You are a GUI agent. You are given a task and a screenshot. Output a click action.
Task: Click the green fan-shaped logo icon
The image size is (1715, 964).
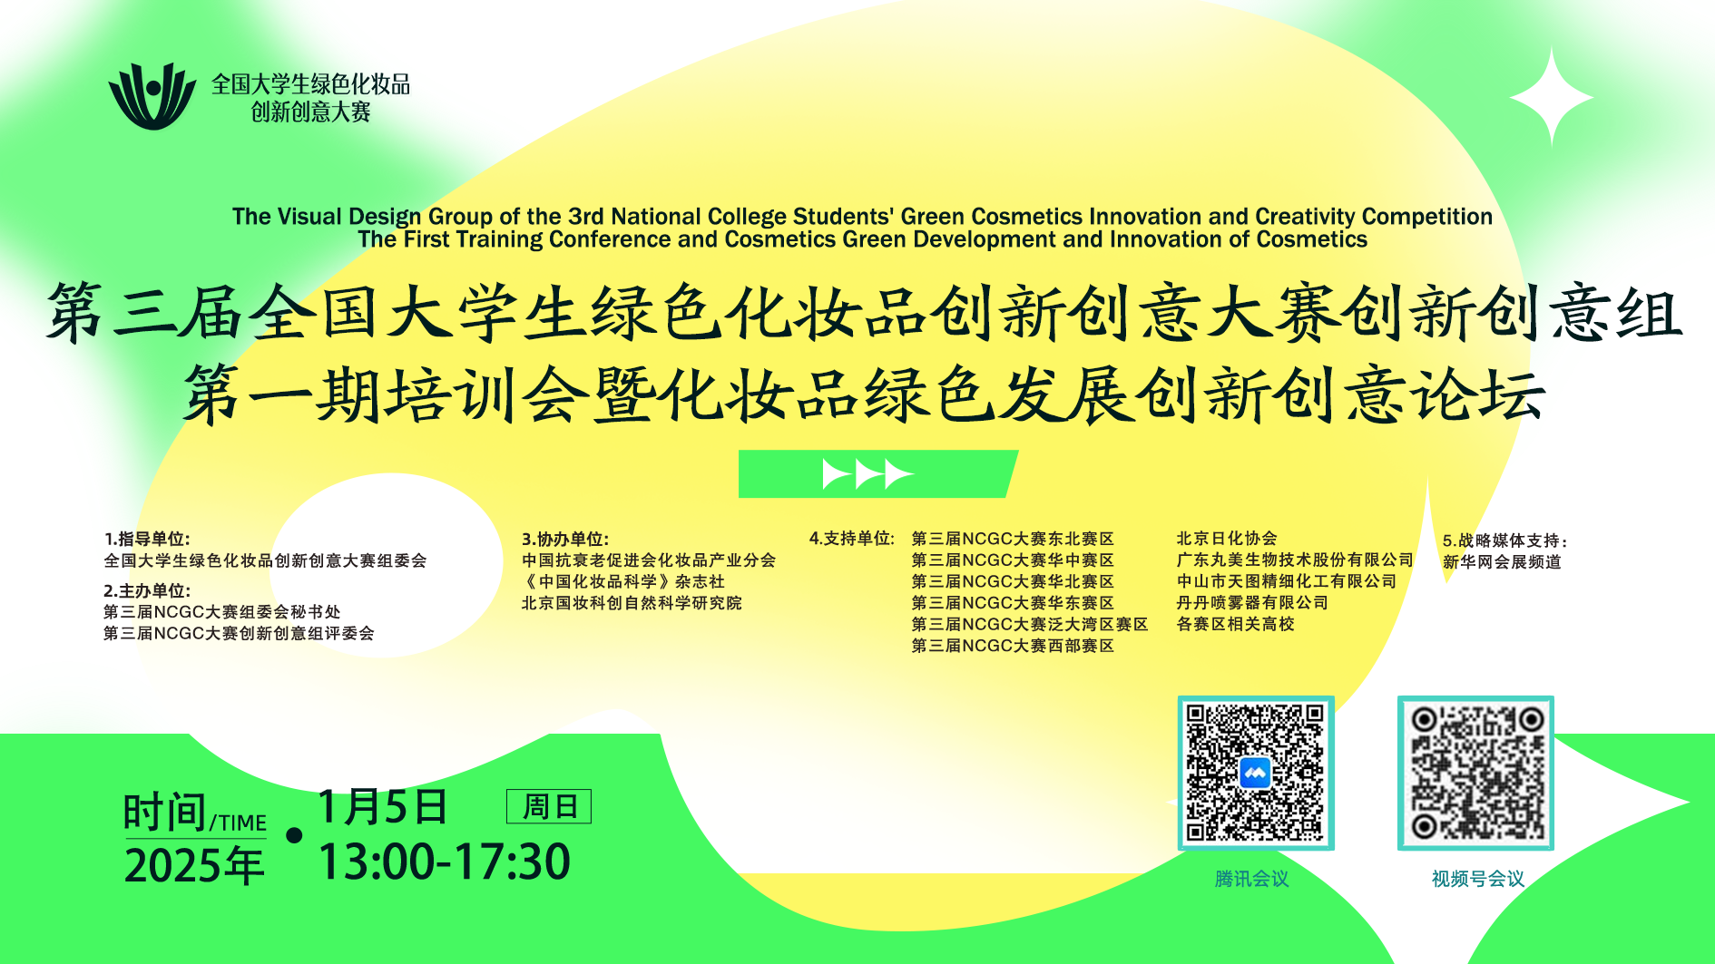152,96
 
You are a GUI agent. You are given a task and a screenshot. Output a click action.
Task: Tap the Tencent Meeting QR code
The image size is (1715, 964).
1255,773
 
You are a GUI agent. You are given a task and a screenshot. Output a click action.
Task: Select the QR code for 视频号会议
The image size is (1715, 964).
1475,773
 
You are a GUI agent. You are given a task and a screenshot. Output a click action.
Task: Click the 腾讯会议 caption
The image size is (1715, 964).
1251,879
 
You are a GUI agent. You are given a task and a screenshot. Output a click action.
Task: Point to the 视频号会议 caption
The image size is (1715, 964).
1477,879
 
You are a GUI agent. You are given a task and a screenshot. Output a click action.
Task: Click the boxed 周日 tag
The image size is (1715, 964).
549,806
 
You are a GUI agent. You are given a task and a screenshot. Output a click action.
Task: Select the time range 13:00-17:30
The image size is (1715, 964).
445,862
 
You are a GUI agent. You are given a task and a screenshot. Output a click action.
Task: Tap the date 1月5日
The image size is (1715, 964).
382,806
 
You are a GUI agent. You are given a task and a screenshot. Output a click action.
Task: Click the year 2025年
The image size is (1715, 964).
194,865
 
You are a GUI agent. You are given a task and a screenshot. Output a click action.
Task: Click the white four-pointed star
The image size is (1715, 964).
1552,98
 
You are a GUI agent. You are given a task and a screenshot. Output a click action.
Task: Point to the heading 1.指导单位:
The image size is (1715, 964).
147,539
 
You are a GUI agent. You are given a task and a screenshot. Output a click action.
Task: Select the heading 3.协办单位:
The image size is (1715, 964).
565,539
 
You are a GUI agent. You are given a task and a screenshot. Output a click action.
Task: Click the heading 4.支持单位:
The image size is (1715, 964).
852,539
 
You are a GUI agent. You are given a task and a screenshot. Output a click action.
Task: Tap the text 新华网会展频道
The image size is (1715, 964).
1502,562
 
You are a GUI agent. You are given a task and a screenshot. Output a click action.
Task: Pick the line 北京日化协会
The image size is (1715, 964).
1226,539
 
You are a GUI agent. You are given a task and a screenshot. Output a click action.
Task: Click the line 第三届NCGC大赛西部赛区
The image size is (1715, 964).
1013,646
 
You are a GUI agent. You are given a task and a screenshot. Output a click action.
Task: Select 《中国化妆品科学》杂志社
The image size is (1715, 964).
623,581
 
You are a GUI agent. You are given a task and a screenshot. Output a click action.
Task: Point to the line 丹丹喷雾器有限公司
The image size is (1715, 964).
1252,603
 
